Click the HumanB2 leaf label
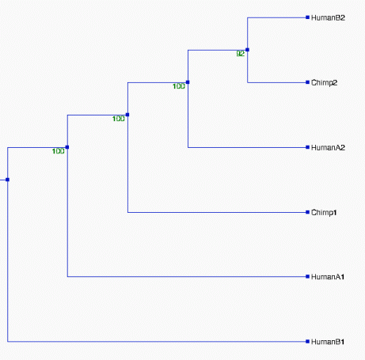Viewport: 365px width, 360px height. (x=328, y=17)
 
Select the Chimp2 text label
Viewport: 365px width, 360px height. (x=325, y=83)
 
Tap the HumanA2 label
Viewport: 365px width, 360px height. (x=328, y=147)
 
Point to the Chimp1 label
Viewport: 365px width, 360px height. (x=324, y=213)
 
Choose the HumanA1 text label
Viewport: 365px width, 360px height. (x=328, y=277)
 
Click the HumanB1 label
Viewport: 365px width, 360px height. (x=328, y=342)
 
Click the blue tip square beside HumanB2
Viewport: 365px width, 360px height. (x=307, y=17)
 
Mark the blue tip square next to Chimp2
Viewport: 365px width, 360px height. (x=307, y=82)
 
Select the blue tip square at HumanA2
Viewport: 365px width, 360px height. (x=307, y=147)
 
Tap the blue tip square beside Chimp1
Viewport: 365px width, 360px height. (x=307, y=212)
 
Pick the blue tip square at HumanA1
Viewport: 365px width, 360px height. (x=307, y=276)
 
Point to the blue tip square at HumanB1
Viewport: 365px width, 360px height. (x=307, y=341)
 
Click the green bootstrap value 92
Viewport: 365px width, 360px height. (x=241, y=54)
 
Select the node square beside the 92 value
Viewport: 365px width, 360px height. (x=247, y=50)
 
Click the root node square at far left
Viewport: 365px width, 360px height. (x=7, y=180)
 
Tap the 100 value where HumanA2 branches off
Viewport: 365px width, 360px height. (x=179, y=86)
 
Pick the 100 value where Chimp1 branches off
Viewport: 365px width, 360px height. (x=119, y=119)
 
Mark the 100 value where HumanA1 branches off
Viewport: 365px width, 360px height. (x=59, y=151)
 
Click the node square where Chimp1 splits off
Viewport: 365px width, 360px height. (x=127, y=115)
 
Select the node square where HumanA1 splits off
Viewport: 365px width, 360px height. (x=67, y=147)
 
